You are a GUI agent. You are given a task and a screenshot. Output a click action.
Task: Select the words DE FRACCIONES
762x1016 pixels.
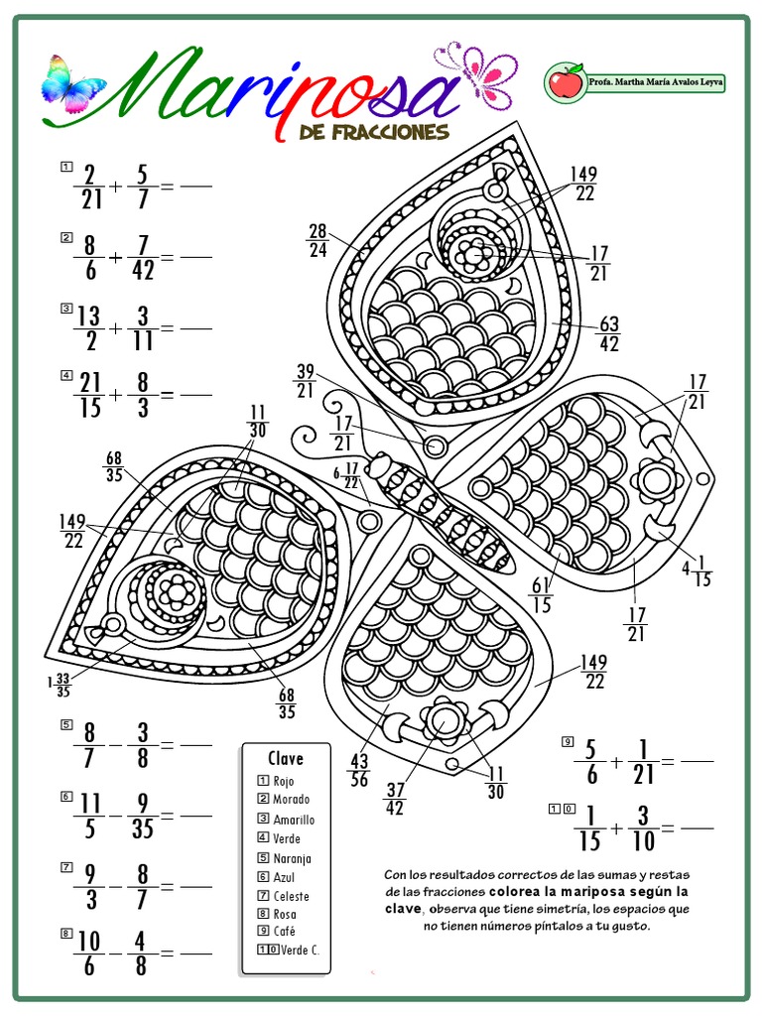[374, 132]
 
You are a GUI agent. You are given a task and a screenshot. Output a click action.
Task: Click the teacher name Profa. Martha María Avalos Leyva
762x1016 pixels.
[655, 83]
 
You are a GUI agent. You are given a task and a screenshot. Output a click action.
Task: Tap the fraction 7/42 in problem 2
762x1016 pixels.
[143, 257]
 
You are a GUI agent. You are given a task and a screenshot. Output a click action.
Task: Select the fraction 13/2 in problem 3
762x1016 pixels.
[89, 327]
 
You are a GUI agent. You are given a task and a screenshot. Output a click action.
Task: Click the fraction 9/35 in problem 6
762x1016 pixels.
[143, 816]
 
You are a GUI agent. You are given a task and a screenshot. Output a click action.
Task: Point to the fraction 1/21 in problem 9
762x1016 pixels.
[643, 762]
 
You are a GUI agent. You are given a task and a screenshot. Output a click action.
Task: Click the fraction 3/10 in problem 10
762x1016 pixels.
[643, 828]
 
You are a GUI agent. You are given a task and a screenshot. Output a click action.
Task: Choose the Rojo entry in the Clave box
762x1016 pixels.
[277, 781]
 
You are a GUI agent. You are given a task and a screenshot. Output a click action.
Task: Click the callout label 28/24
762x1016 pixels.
[317, 240]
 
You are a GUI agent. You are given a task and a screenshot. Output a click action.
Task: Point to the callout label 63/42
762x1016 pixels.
[608, 333]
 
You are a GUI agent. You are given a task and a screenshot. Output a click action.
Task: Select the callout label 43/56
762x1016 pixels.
[359, 770]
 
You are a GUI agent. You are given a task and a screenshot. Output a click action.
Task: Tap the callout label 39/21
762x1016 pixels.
[306, 381]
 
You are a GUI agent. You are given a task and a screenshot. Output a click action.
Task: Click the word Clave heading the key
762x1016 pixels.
[286, 758]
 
